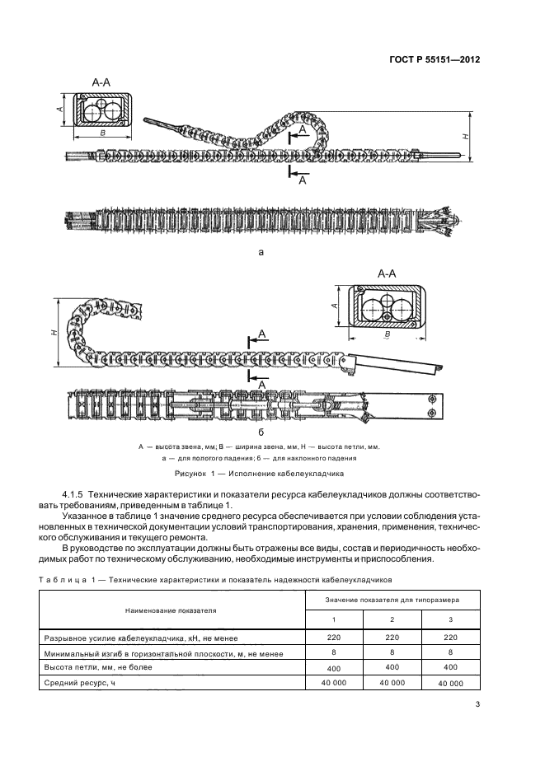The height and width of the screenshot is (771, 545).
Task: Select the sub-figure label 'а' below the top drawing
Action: pyautogui.click(x=261, y=253)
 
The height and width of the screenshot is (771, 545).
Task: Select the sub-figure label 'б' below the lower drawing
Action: pyautogui.click(x=261, y=431)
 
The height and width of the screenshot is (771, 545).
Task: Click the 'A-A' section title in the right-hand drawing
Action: pyautogui.click(x=388, y=272)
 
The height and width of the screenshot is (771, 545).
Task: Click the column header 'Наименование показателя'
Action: pyautogui.click(x=171, y=611)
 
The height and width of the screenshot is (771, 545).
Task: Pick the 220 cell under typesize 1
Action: pyautogui.click(x=334, y=637)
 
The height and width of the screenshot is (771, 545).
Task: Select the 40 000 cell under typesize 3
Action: pyautogui.click(x=450, y=684)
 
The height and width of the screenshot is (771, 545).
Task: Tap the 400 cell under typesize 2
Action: pyautogui.click(x=392, y=668)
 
